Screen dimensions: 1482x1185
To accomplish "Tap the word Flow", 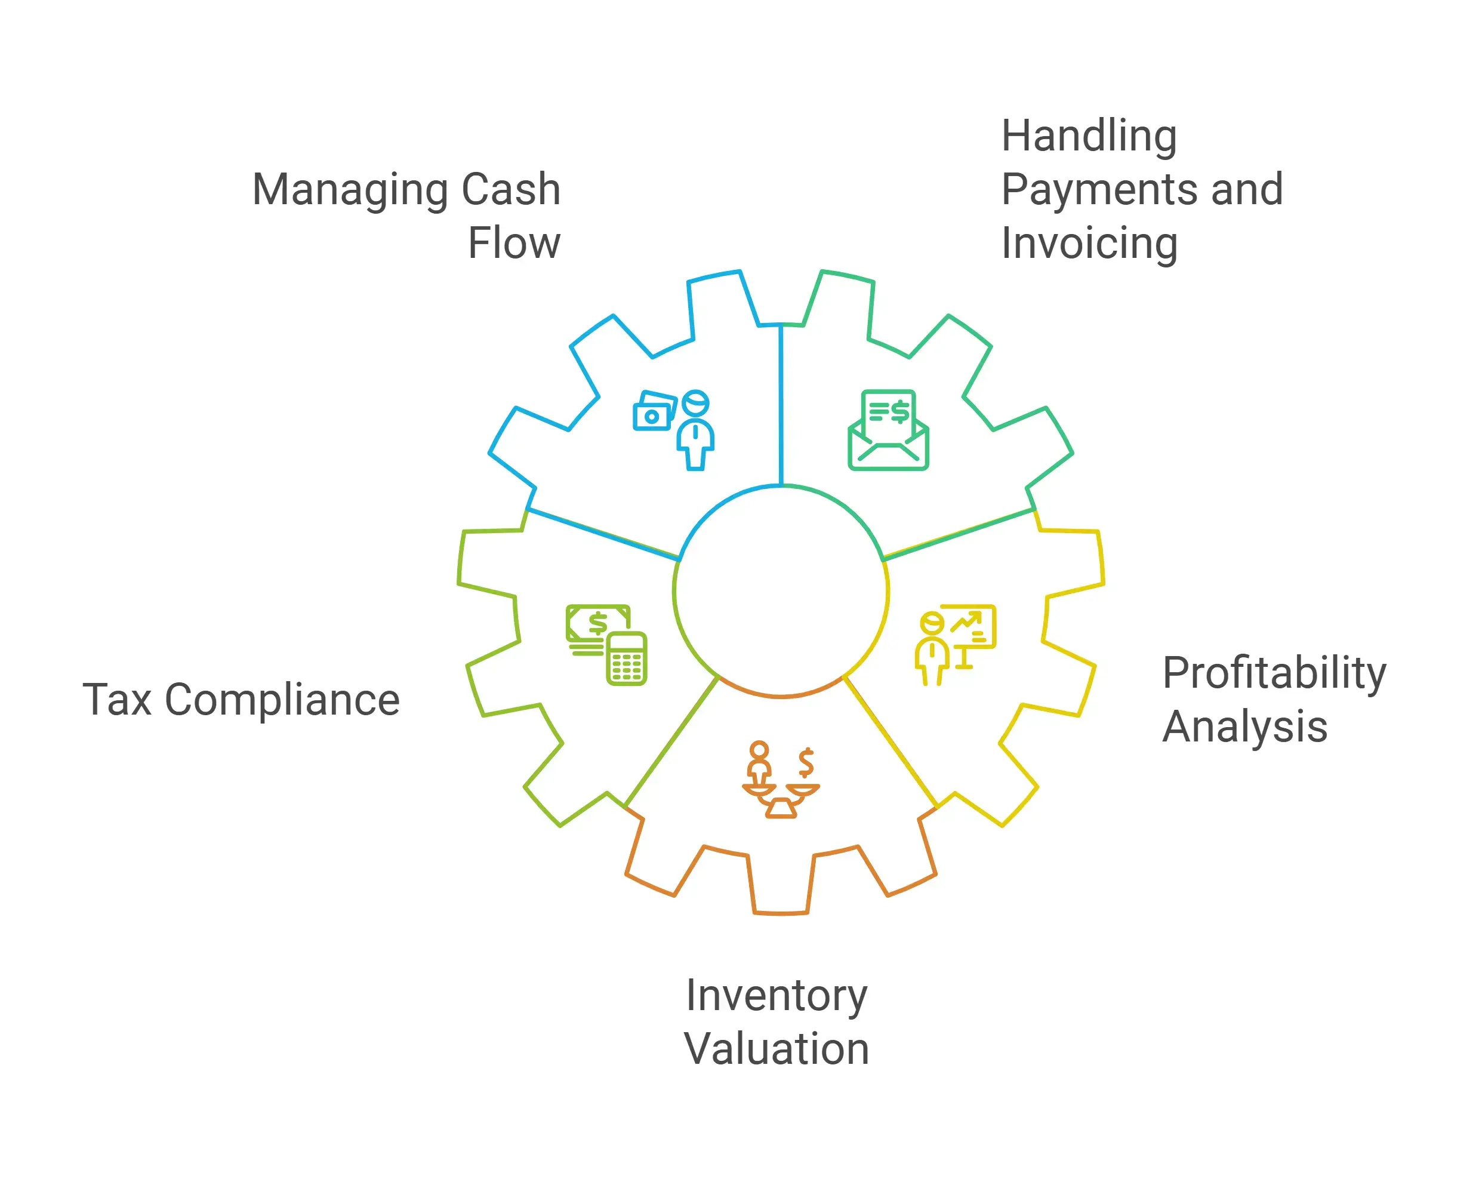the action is click(514, 244).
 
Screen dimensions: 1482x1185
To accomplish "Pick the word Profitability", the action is click(1274, 675).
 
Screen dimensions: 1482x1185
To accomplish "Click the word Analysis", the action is click(1245, 727).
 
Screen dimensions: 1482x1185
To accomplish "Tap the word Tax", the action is click(117, 700).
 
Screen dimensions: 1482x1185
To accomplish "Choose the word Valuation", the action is click(777, 1049).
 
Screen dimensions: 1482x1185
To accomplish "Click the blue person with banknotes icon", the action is click(674, 430).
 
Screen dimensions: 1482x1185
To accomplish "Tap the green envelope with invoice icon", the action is click(888, 430).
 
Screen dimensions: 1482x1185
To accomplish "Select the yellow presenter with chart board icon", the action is click(955, 645).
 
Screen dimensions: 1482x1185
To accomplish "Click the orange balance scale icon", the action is click(781, 780).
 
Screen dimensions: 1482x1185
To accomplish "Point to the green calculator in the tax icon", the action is click(626, 658).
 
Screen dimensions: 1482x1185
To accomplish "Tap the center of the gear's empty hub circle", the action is click(781, 592).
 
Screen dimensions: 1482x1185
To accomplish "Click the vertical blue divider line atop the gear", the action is click(781, 405).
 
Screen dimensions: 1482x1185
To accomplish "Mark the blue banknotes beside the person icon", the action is click(654, 410).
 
